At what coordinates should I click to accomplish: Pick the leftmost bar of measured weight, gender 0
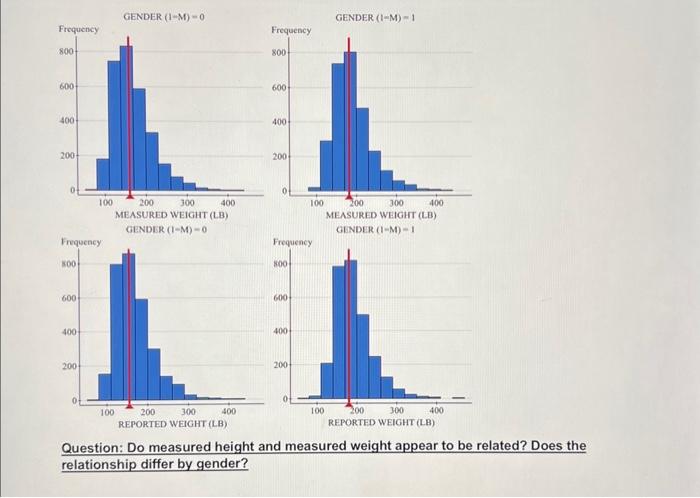click(102, 174)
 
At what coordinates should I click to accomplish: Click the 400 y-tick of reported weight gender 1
click(281, 331)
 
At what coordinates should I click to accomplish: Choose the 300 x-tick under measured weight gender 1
click(397, 203)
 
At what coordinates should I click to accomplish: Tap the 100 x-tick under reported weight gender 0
click(107, 411)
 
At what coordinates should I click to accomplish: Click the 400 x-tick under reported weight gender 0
click(228, 411)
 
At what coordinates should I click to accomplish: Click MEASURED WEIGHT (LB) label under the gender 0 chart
click(172, 215)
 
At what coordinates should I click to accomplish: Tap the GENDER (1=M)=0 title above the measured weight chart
click(164, 17)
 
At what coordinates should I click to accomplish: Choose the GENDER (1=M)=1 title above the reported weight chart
click(374, 230)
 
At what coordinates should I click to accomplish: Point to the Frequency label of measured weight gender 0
click(78, 30)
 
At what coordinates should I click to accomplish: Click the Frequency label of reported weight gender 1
click(292, 242)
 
